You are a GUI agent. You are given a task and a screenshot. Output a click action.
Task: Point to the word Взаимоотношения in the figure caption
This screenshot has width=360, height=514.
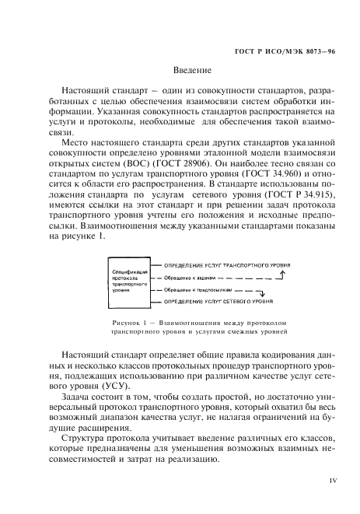(191, 319)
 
